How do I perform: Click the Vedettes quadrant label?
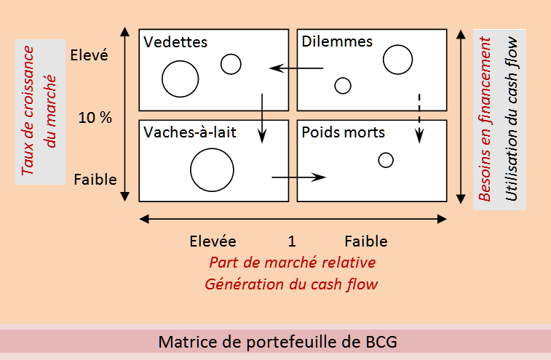[x=175, y=42]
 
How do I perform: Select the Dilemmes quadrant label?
[x=336, y=41]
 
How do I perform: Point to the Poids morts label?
[x=343, y=133]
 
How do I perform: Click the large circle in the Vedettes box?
[x=181, y=79]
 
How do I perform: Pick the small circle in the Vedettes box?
[x=231, y=64]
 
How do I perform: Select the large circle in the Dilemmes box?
[x=397, y=59]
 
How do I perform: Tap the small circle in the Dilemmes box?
[x=343, y=85]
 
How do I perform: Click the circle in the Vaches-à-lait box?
[x=212, y=169]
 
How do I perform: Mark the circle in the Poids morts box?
[x=386, y=160]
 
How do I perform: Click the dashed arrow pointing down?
[x=419, y=116]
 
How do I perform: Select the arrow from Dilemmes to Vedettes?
[x=296, y=69]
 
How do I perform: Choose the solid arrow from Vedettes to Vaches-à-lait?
[x=262, y=116]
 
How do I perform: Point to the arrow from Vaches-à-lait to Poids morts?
[x=298, y=177]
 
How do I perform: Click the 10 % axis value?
[x=95, y=117]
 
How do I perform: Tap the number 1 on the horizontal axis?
[x=291, y=241]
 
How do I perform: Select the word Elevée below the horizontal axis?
[x=213, y=241]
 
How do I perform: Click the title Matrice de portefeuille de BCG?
[x=278, y=341]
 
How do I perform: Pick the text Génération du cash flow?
[x=291, y=284]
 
